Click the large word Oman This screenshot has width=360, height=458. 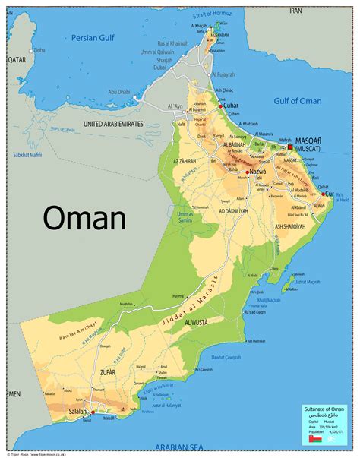click(x=84, y=218)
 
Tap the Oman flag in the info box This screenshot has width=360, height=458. click(x=314, y=439)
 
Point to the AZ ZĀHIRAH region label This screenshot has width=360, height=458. click(x=186, y=162)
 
